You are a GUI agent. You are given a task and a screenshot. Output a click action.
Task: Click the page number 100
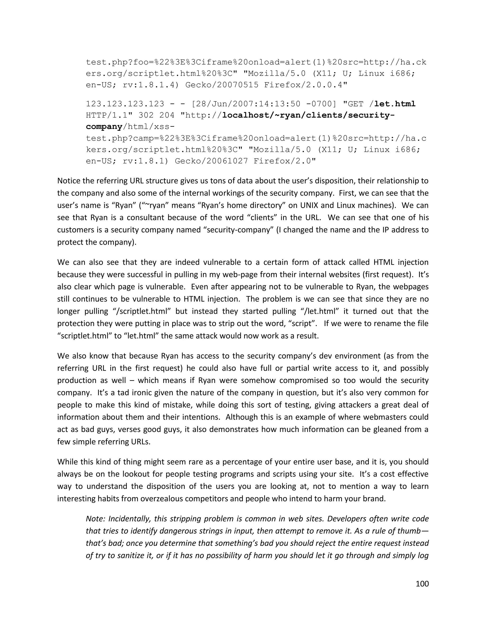pos(422,584)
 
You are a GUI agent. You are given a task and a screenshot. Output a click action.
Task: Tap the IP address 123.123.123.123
pos(125,104)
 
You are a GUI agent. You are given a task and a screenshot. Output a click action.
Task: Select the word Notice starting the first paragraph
pos(69,181)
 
